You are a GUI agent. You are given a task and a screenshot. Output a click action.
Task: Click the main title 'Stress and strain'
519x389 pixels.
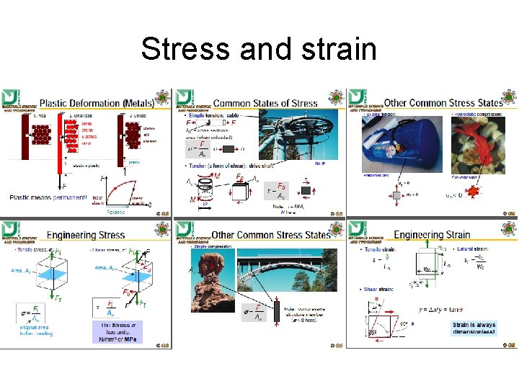pos(259,49)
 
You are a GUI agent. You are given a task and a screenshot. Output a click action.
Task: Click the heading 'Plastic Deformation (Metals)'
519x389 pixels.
pos(101,103)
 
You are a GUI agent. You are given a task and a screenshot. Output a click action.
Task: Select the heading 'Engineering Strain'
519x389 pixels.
pos(432,235)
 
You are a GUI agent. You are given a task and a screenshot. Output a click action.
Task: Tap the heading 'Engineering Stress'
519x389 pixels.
pos(86,235)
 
